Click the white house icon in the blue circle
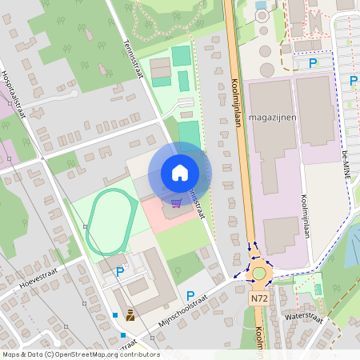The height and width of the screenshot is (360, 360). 180,172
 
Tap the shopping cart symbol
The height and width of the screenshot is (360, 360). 176,203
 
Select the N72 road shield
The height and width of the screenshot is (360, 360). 258,298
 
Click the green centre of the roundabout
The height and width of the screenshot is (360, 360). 258,274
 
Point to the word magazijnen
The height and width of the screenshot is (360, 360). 274,118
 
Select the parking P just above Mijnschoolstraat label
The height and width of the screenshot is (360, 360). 190,296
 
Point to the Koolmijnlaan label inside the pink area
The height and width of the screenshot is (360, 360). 306,216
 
